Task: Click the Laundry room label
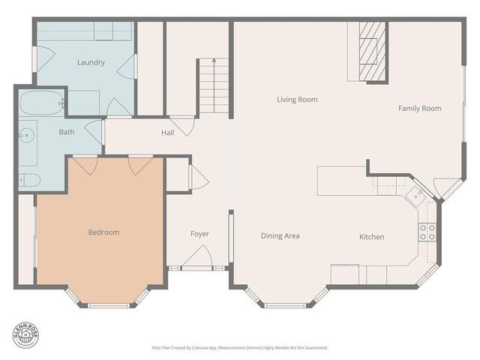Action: [x=91, y=62]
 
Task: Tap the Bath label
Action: [x=67, y=132]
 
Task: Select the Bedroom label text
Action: [x=103, y=232]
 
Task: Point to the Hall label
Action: [x=167, y=133]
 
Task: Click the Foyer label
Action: [x=199, y=234]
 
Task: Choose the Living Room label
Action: [x=297, y=99]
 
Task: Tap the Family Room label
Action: [x=419, y=109]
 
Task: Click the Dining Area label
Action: [x=280, y=236]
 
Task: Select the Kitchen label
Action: [x=372, y=237]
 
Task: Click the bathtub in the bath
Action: [x=40, y=104]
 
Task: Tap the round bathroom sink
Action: [x=27, y=136]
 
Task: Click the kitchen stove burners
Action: [x=427, y=232]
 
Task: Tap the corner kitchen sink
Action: [x=415, y=195]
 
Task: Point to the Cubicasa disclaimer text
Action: [x=239, y=348]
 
